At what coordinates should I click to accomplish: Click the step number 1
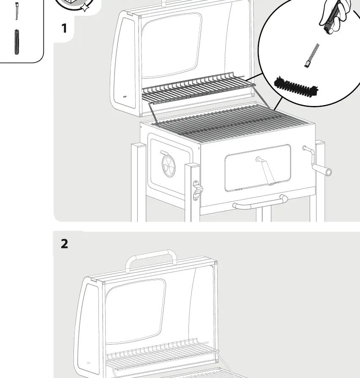[64, 28]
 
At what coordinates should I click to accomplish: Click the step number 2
[64, 244]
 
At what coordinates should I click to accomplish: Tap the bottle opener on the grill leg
[197, 190]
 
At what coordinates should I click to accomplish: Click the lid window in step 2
[135, 311]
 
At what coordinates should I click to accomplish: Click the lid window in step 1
[171, 45]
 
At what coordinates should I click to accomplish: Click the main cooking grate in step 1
[230, 123]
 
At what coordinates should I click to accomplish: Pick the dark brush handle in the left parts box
[16, 42]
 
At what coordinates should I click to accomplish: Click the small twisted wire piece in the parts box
[17, 11]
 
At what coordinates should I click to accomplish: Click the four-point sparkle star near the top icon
[85, 8]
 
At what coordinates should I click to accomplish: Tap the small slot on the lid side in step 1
[125, 97]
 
